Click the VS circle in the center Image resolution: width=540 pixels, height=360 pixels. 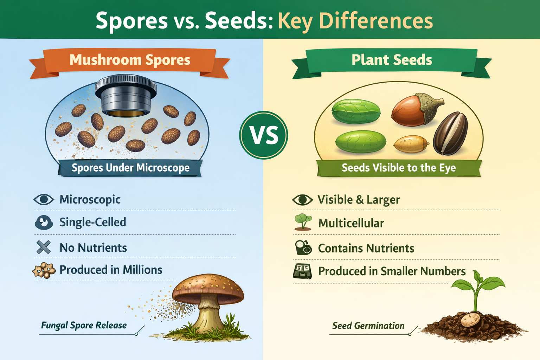[264, 135]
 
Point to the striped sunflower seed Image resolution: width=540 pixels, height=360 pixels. [450, 134]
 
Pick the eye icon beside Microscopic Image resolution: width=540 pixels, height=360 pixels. [44, 200]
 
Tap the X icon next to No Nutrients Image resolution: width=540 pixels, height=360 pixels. [44, 247]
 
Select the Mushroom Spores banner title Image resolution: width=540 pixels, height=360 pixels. [130, 60]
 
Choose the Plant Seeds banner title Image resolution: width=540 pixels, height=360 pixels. [392, 60]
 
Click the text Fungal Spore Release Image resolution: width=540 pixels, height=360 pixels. [84, 325]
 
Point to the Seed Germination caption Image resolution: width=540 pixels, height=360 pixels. [368, 326]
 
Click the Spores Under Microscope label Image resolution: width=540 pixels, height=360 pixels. [130, 168]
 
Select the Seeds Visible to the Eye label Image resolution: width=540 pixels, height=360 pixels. [399, 168]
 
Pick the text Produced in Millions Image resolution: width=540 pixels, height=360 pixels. [111, 270]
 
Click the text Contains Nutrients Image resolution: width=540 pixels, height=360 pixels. [366, 248]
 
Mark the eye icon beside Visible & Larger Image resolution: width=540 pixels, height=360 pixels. [302, 200]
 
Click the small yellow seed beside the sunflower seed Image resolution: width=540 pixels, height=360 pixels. [411, 144]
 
